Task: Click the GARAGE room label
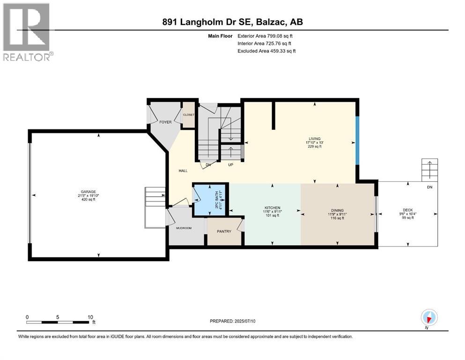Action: [x=88, y=192]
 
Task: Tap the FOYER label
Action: [x=165, y=122]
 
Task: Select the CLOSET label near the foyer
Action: [x=188, y=114]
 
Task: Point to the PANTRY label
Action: [x=224, y=232]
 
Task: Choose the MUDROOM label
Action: [x=184, y=229]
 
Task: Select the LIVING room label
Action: [x=314, y=139]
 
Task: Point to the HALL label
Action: [x=183, y=171]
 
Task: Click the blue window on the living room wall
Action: [x=357, y=140]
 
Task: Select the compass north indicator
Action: [x=428, y=317]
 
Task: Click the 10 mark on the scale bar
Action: [x=89, y=317]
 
